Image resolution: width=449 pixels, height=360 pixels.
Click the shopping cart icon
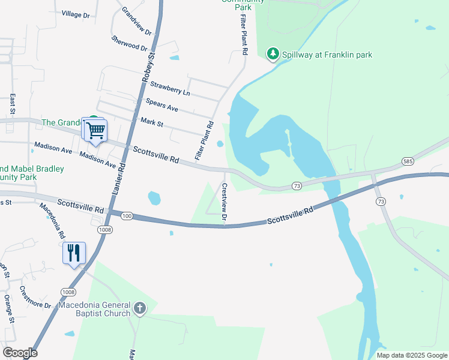click(x=95, y=130)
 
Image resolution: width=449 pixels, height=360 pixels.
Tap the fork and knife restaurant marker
click(x=74, y=253)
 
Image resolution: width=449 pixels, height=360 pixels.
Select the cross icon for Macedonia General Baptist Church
click(x=139, y=309)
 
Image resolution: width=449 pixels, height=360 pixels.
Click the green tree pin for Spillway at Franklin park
click(x=273, y=54)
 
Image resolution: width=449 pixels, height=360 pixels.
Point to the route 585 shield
click(x=408, y=161)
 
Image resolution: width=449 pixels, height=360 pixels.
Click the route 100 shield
click(x=125, y=215)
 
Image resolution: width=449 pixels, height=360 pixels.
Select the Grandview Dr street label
click(x=137, y=21)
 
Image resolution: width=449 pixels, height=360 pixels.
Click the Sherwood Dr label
click(x=129, y=43)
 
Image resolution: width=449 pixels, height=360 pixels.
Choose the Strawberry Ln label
click(x=170, y=88)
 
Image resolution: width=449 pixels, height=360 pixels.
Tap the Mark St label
click(x=152, y=122)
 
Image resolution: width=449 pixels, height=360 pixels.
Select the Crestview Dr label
click(x=224, y=202)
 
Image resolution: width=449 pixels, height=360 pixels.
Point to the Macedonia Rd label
click(x=52, y=221)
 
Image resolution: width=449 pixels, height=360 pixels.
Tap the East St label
click(x=12, y=103)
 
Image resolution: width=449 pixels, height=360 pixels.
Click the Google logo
click(x=20, y=353)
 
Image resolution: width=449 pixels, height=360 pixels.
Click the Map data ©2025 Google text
click(x=411, y=355)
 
